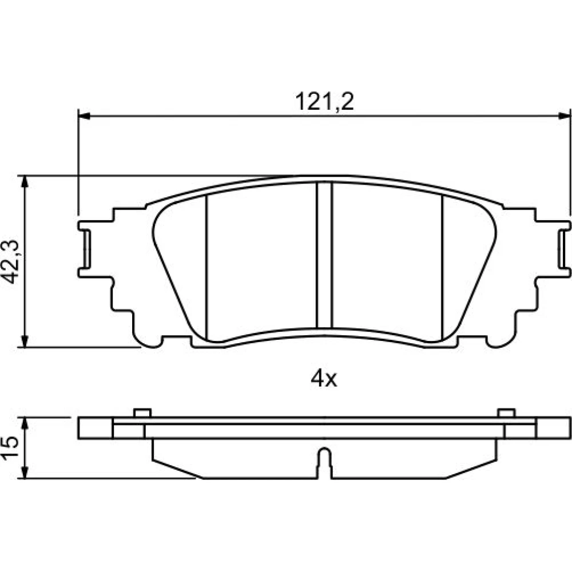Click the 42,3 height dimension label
pyautogui.click(x=10, y=261)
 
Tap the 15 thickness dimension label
pyautogui.click(x=10, y=447)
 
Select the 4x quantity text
pyautogui.click(x=324, y=379)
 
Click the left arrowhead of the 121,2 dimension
pyautogui.click(x=84, y=116)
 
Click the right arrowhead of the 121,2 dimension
pyautogui.click(x=564, y=116)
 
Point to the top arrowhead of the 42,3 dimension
pyautogui.click(x=25, y=181)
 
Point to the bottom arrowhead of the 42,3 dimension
pyautogui.click(x=25, y=341)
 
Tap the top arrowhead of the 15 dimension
pyautogui.click(x=25, y=423)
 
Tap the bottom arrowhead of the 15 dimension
pyautogui.click(x=25, y=472)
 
